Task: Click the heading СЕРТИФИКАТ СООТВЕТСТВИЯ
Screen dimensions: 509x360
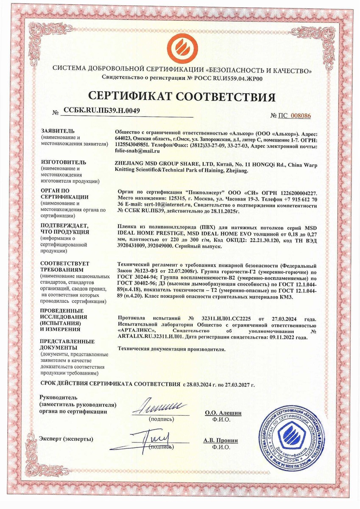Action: coord(181,96)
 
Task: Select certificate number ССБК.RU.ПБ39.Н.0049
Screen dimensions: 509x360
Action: coord(102,111)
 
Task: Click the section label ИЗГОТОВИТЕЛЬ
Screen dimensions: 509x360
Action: coord(63,162)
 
